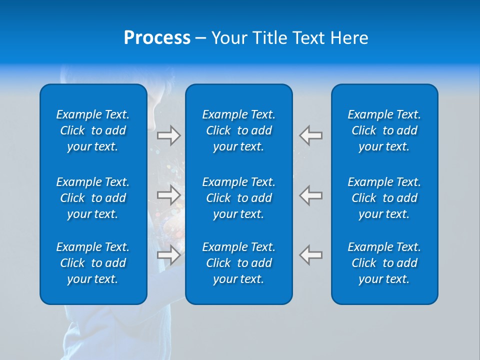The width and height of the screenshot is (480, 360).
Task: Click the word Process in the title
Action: point(157,38)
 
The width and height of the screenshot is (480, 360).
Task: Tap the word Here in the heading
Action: point(349,38)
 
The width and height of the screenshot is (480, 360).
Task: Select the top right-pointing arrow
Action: point(168,135)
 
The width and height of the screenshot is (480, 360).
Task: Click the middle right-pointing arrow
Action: point(168,195)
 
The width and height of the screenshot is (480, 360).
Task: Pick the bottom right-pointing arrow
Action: point(168,254)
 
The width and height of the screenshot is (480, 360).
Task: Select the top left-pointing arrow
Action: point(311,135)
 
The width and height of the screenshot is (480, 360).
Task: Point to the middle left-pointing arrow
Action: point(311,195)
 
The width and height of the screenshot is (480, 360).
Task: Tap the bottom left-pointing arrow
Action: point(311,254)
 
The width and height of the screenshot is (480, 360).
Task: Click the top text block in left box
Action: point(93,130)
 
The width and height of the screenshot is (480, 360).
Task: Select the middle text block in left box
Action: point(93,198)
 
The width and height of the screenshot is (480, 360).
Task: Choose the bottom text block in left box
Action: point(93,263)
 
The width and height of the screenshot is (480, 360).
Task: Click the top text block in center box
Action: point(239,130)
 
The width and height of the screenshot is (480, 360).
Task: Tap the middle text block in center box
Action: point(239,198)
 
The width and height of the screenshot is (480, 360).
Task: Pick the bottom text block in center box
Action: point(239,263)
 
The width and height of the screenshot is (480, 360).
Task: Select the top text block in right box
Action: point(384,130)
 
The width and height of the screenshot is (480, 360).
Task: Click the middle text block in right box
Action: point(384,198)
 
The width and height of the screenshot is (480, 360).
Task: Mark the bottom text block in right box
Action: point(384,263)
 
